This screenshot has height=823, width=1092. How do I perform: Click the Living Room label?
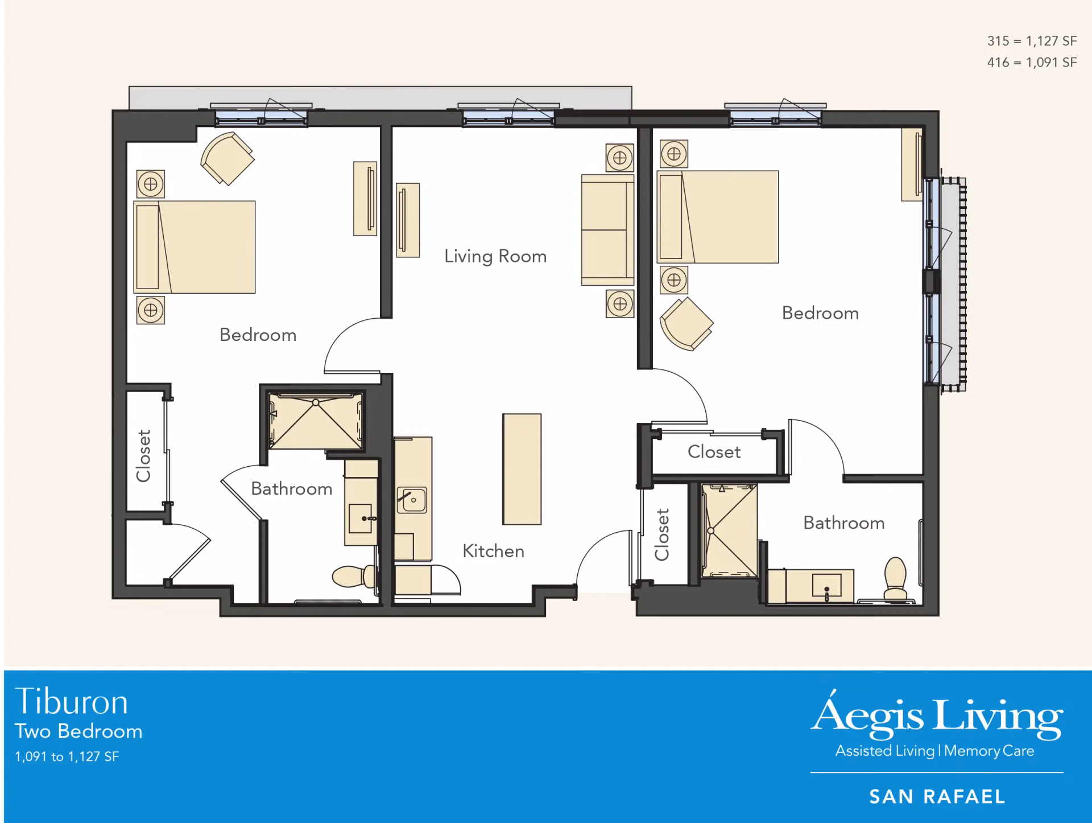(x=495, y=257)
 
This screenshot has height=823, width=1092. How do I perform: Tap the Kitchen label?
(x=493, y=551)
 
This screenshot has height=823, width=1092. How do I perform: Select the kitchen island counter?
(x=522, y=469)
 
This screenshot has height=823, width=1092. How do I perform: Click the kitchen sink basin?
(x=412, y=500)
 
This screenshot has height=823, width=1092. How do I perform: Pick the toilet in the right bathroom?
(x=895, y=578)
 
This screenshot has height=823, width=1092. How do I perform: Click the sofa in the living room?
(x=607, y=230)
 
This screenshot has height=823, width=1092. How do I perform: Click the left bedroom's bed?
(x=195, y=247)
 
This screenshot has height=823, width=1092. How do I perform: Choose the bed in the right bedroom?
(x=718, y=217)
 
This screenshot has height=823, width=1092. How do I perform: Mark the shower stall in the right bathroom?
(x=729, y=530)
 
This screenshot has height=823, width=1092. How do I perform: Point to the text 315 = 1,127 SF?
(x=1032, y=41)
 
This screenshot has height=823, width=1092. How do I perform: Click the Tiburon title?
(x=72, y=701)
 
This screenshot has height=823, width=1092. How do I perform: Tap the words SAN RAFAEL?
(x=937, y=797)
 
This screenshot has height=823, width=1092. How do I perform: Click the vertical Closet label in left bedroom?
(x=143, y=456)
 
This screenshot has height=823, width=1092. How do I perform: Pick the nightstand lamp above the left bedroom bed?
(x=151, y=184)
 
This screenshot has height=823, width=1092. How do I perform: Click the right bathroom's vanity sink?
(x=827, y=586)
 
